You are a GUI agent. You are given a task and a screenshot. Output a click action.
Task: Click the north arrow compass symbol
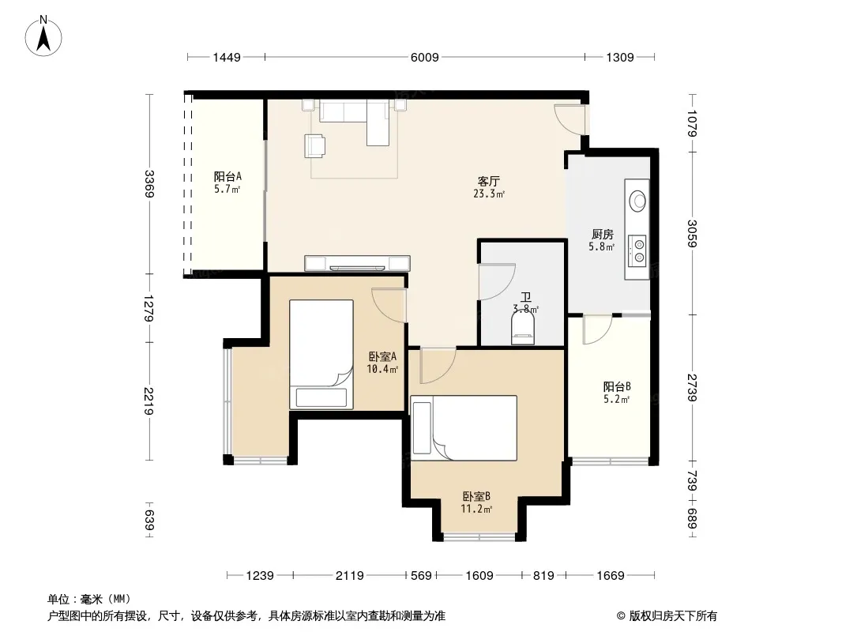click(43, 36)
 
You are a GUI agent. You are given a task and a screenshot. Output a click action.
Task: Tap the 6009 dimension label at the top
click(425, 57)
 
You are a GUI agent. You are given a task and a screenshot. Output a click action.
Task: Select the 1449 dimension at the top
click(227, 57)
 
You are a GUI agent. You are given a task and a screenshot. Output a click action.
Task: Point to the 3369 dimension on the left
click(149, 183)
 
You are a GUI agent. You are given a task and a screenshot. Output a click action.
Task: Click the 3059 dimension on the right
click(692, 234)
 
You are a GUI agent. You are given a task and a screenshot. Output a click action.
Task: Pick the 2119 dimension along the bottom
click(350, 576)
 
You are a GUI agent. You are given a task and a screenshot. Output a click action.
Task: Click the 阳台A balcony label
click(227, 176)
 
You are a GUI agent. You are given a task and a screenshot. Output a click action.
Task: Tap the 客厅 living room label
click(489, 181)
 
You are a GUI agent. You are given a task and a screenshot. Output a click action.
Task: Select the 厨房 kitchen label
click(603, 234)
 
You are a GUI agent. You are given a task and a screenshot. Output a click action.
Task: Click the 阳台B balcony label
click(617, 386)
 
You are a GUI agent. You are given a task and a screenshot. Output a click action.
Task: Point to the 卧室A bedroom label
click(382, 356)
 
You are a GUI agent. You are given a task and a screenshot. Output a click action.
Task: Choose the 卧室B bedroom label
click(476, 497)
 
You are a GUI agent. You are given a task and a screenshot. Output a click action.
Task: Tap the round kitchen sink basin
click(638, 201)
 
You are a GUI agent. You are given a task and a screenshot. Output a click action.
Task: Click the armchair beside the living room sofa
click(314, 145)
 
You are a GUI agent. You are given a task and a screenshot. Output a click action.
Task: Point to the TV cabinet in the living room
click(357, 263)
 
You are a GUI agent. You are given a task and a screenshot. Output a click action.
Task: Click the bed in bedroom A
click(321, 355)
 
